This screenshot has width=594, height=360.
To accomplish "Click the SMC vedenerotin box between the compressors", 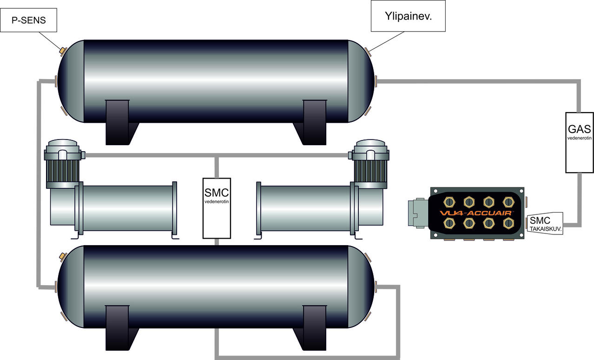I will (217, 207).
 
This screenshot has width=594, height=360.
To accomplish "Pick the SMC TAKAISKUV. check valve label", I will (544, 223).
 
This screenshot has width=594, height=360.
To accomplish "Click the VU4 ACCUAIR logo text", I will (477, 213).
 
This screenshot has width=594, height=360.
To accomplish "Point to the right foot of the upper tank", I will (315, 121).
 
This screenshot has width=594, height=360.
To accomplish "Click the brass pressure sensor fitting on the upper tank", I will (62, 50).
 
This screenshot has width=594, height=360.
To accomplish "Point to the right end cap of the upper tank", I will (361, 81).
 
